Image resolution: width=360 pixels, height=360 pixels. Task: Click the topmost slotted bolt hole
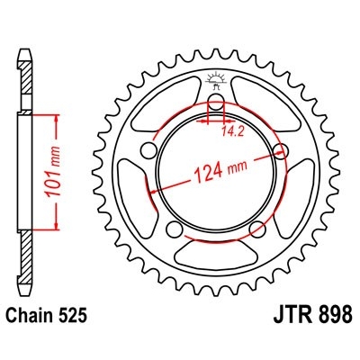[216, 106]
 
